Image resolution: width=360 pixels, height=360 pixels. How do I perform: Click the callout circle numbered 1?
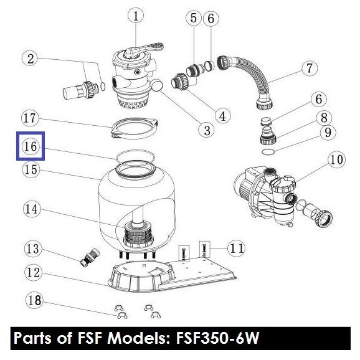(136, 16)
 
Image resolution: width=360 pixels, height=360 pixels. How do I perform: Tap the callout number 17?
(30, 118)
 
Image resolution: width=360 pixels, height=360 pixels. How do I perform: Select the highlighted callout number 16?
(30, 146)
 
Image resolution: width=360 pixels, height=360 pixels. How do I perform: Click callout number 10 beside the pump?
(337, 160)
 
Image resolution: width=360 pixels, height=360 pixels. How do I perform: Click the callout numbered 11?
(236, 248)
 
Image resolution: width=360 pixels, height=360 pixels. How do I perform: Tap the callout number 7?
(309, 68)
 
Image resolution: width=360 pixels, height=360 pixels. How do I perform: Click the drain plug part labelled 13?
(90, 257)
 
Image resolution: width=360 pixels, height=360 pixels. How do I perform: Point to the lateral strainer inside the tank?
(138, 234)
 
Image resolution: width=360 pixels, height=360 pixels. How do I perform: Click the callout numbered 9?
(328, 133)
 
